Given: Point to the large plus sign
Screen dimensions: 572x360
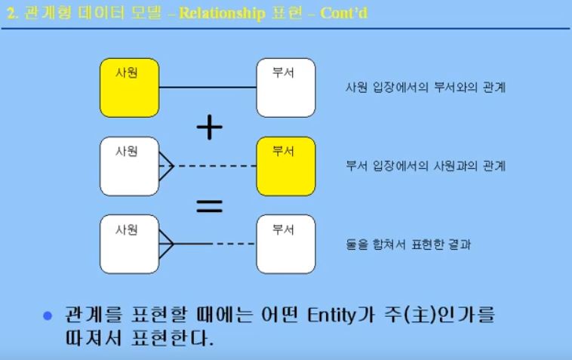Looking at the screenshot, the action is coord(209,128).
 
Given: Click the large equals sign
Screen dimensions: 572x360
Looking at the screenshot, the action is coord(209,205).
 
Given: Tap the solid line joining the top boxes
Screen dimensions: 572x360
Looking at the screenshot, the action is coord(207,88).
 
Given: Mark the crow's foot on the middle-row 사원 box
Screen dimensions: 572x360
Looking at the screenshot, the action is coord(166,165).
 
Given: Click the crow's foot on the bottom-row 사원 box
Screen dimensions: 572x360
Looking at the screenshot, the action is coord(166,243).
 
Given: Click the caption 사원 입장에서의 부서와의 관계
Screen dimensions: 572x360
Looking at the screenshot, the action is coord(425,88).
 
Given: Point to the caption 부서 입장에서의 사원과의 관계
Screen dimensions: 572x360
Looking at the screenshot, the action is coord(425,166).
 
